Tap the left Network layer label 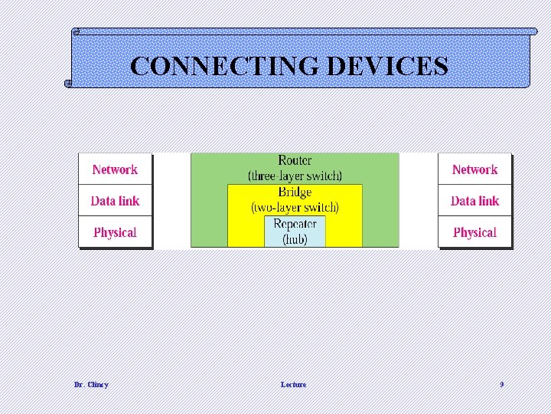click(x=115, y=169)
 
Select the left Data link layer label click(x=115, y=201)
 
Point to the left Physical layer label click(x=115, y=232)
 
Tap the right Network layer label click(x=474, y=169)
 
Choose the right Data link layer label click(x=474, y=201)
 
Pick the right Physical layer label click(x=474, y=232)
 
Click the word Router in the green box click(x=295, y=160)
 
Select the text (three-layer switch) click(x=295, y=176)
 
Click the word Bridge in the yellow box click(x=295, y=192)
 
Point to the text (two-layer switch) click(x=295, y=207)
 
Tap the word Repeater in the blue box click(x=295, y=224)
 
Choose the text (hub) click(x=295, y=239)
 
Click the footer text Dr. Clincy click(x=91, y=384)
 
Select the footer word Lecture click(x=293, y=384)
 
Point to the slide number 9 click(x=501, y=384)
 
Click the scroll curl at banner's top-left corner click(x=76, y=32)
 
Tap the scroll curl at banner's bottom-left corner click(x=69, y=83)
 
